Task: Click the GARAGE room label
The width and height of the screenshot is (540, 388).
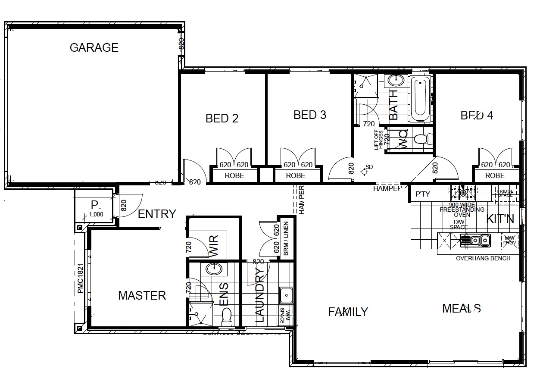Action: (94, 47)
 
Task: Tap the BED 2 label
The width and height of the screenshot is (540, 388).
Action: (222, 118)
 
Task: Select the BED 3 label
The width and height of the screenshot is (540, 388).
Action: (309, 115)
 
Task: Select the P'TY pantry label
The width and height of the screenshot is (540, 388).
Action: (423, 194)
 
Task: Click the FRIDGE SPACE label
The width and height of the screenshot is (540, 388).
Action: (505, 193)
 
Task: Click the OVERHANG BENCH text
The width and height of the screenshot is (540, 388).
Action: (483, 258)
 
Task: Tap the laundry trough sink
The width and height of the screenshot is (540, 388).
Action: (285, 296)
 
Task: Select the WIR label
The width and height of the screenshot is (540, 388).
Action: (213, 246)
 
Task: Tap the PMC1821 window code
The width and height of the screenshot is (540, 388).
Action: (80, 279)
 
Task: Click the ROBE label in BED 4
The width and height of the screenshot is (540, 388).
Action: (495, 176)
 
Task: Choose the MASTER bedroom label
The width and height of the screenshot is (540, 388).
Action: (142, 296)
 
